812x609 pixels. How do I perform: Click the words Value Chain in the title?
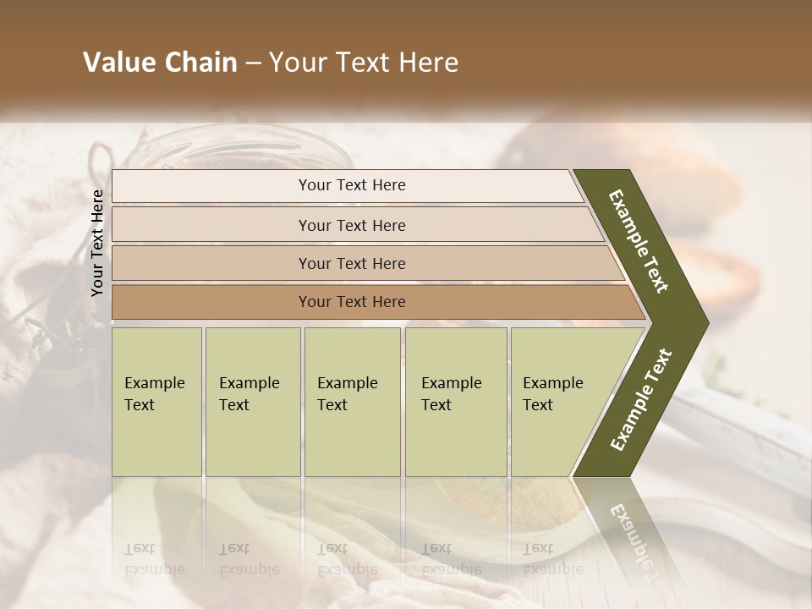tap(160, 63)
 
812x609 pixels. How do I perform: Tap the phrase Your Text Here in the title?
tap(364, 63)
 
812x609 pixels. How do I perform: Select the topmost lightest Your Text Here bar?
tap(352, 185)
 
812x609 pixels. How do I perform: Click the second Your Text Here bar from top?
tap(352, 225)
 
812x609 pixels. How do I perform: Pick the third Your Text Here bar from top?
tap(352, 263)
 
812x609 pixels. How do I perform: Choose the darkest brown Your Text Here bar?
tap(352, 302)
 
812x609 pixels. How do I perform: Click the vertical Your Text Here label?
tap(97, 243)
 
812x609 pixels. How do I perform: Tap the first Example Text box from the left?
tap(156, 401)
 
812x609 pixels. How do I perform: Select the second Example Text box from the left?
tap(252, 401)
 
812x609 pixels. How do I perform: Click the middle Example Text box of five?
tap(351, 401)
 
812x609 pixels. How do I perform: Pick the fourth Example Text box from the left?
tap(455, 401)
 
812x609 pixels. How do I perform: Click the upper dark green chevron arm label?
tap(639, 241)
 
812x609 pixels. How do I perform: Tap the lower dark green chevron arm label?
tap(641, 399)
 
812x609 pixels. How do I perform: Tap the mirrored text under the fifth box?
tap(553, 558)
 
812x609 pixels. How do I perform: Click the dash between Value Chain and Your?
tap(253, 63)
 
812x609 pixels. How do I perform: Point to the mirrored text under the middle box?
tap(347, 558)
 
